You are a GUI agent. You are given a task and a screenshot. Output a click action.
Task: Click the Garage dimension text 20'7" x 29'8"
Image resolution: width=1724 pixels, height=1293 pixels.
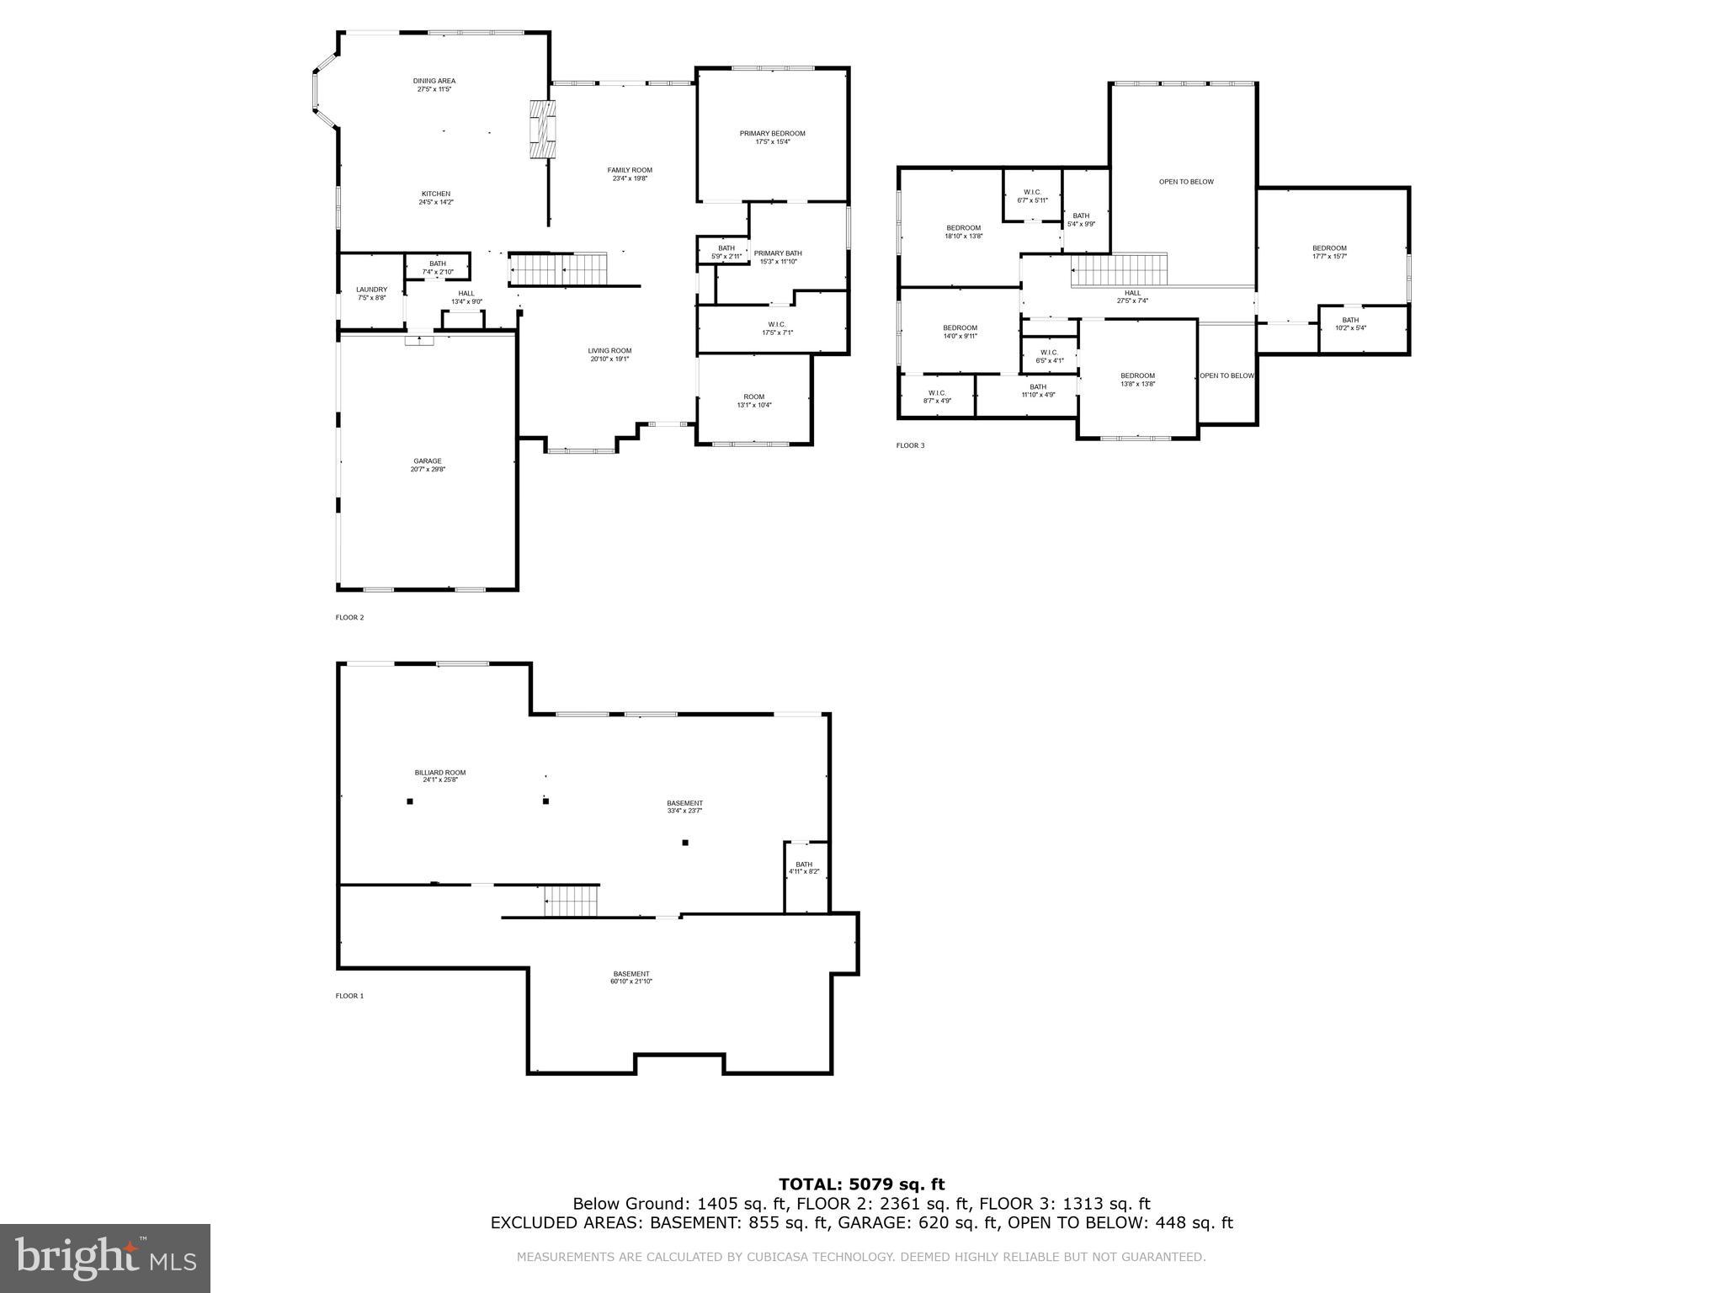pyautogui.click(x=428, y=469)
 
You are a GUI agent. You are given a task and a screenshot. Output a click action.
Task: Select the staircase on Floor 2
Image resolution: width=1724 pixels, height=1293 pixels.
pyautogui.click(x=557, y=269)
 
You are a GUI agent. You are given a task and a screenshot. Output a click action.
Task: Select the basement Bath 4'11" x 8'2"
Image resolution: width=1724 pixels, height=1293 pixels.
pyautogui.click(x=804, y=867)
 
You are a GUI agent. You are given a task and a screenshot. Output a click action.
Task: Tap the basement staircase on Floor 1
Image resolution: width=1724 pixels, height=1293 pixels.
pyautogui.click(x=571, y=902)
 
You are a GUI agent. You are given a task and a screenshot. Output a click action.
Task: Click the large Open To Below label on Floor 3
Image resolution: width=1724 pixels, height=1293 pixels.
pyautogui.click(x=1186, y=182)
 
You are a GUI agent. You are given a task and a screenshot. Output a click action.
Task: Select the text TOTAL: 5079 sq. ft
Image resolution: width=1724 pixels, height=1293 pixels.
pyautogui.click(x=861, y=1184)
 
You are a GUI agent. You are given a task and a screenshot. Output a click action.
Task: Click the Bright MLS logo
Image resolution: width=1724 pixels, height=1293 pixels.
pyautogui.click(x=105, y=1258)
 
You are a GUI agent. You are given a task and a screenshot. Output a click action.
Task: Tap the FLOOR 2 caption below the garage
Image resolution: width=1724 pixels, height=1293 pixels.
pyautogui.click(x=349, y=617)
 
